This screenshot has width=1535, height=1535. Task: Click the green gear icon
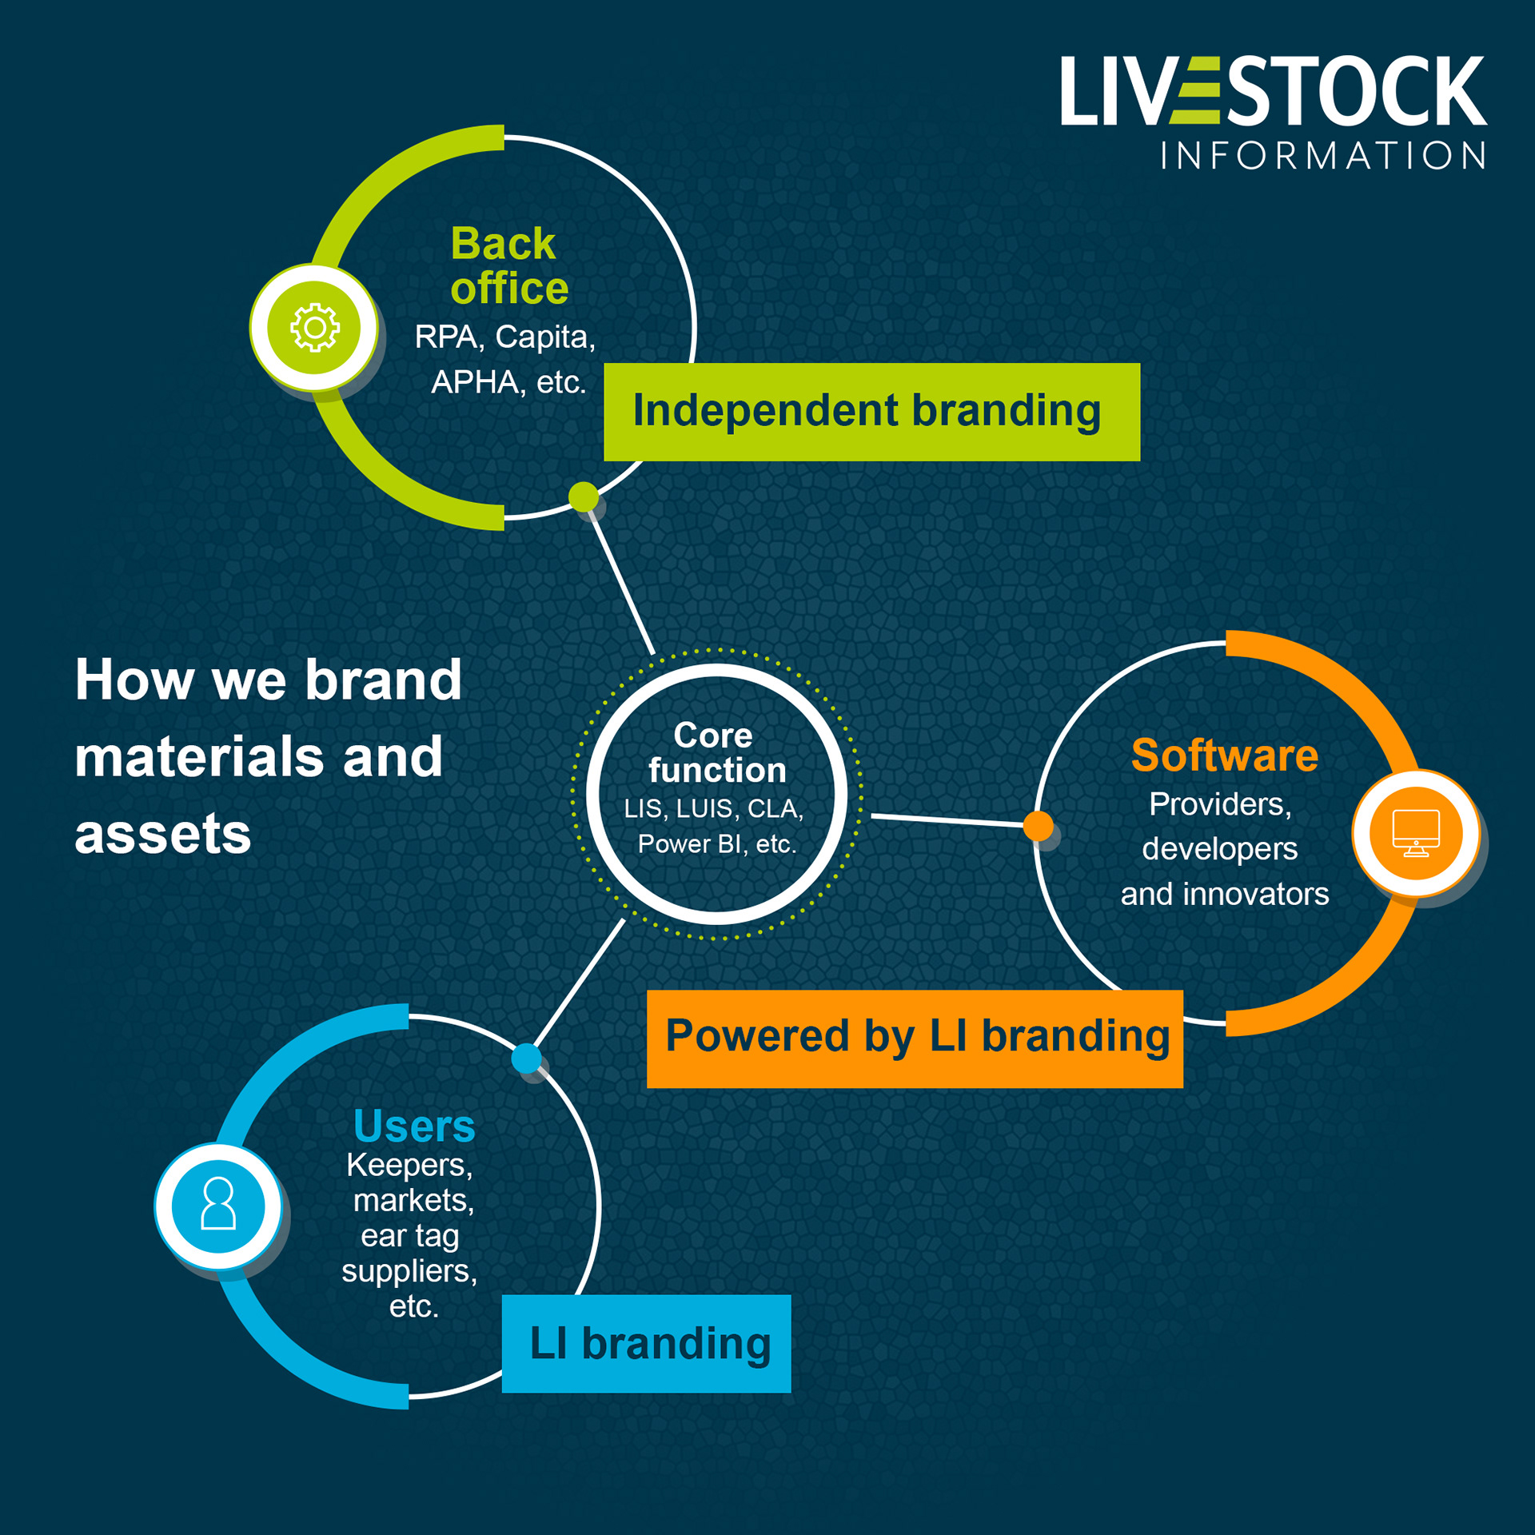pyautogui.click(x=314, y=328)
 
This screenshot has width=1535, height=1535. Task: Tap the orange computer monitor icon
pyautogui.click(x=1416, y=833)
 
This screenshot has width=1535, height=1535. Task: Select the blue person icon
pyautogui.click(x=218, y=1206)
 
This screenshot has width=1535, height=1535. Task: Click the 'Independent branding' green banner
pyautogui.click(x=871, y=412)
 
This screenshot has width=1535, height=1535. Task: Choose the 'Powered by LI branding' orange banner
pyautogui.click(x=915, y=1039)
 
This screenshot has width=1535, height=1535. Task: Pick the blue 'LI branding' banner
pyautogui.click(x=646, y=1344)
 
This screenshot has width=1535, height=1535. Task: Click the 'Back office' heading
pyautogui.click(x=508, y=265)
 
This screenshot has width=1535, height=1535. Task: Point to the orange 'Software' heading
pyautogui.click(x=1224, y=756)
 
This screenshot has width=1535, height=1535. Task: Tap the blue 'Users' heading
pyautogui.click(x=414, y=1126)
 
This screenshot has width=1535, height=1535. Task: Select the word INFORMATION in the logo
pyautogui.click(x=1323, y=156)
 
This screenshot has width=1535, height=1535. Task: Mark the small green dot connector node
pyautogui.click(x=584, y=496)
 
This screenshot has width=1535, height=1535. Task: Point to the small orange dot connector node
pyautogui.click(x=1038, y=825)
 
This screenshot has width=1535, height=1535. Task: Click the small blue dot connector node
pyautogui.click(x=526, y=1059)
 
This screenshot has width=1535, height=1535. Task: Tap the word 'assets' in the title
pyautogui.click(x=163, y=835)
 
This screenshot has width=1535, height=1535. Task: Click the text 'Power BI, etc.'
pyautogui.click(x=717, y=844)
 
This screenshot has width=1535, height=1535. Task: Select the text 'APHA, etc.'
pyautogui.click(x=508, y=382)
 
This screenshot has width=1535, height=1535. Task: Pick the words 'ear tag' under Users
pyautogui.click(x=409, y=1236)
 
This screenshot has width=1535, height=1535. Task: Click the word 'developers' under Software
pyautogui.click(x=1219, y=849)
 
